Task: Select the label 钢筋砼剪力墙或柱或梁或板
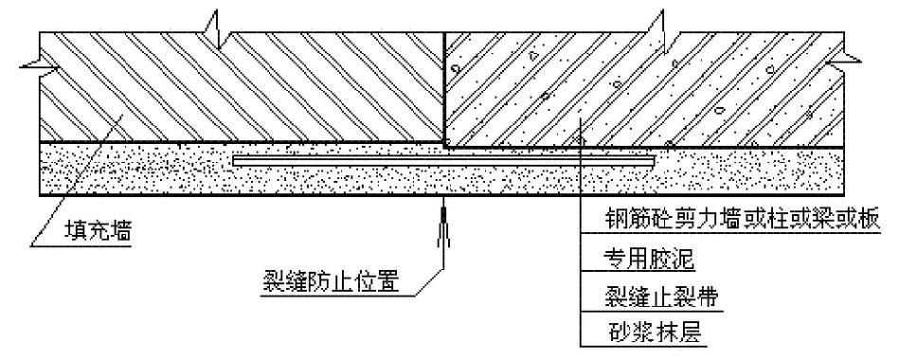[742, 221]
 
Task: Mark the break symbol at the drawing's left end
[32, 64]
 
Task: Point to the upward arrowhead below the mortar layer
[442, 220]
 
